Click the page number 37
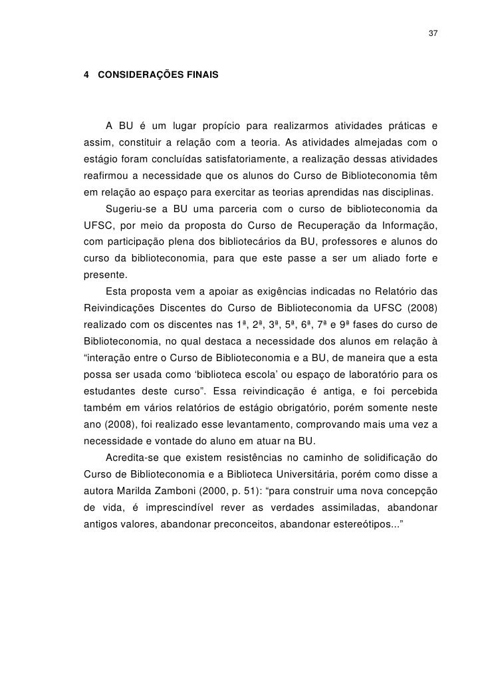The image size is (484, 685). [433, 34]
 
